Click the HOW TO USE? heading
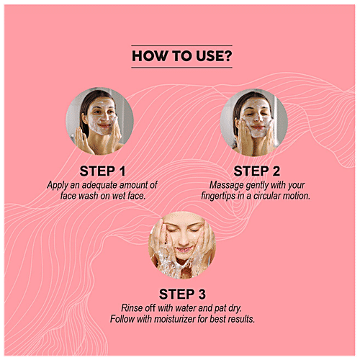pyautogui.click(x=182, y=56)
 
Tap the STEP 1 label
pyautogui.click(x=102, y=171)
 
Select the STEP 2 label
pyautogui.click(x=257, y=171)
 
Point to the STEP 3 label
pyautogui.click(x=182, y=294)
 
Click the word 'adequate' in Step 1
pyautogui.click(x=99, y=185)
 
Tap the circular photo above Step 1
pyautogui.click(x=99, y=121)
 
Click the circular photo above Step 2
pyautogui.click(x=254, y=122)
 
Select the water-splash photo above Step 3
pyautogui.click(x=182, y=245)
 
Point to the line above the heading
pyautogui.click(x=181, y=45)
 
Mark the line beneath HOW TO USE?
pyautogui.click(x=181, y=68)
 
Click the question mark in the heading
pyautogui.click(x=228, y=56)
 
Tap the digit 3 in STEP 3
pyautogui.click(x=202, y=294)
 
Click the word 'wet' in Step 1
pyautogui.click(x=119, y=196)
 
